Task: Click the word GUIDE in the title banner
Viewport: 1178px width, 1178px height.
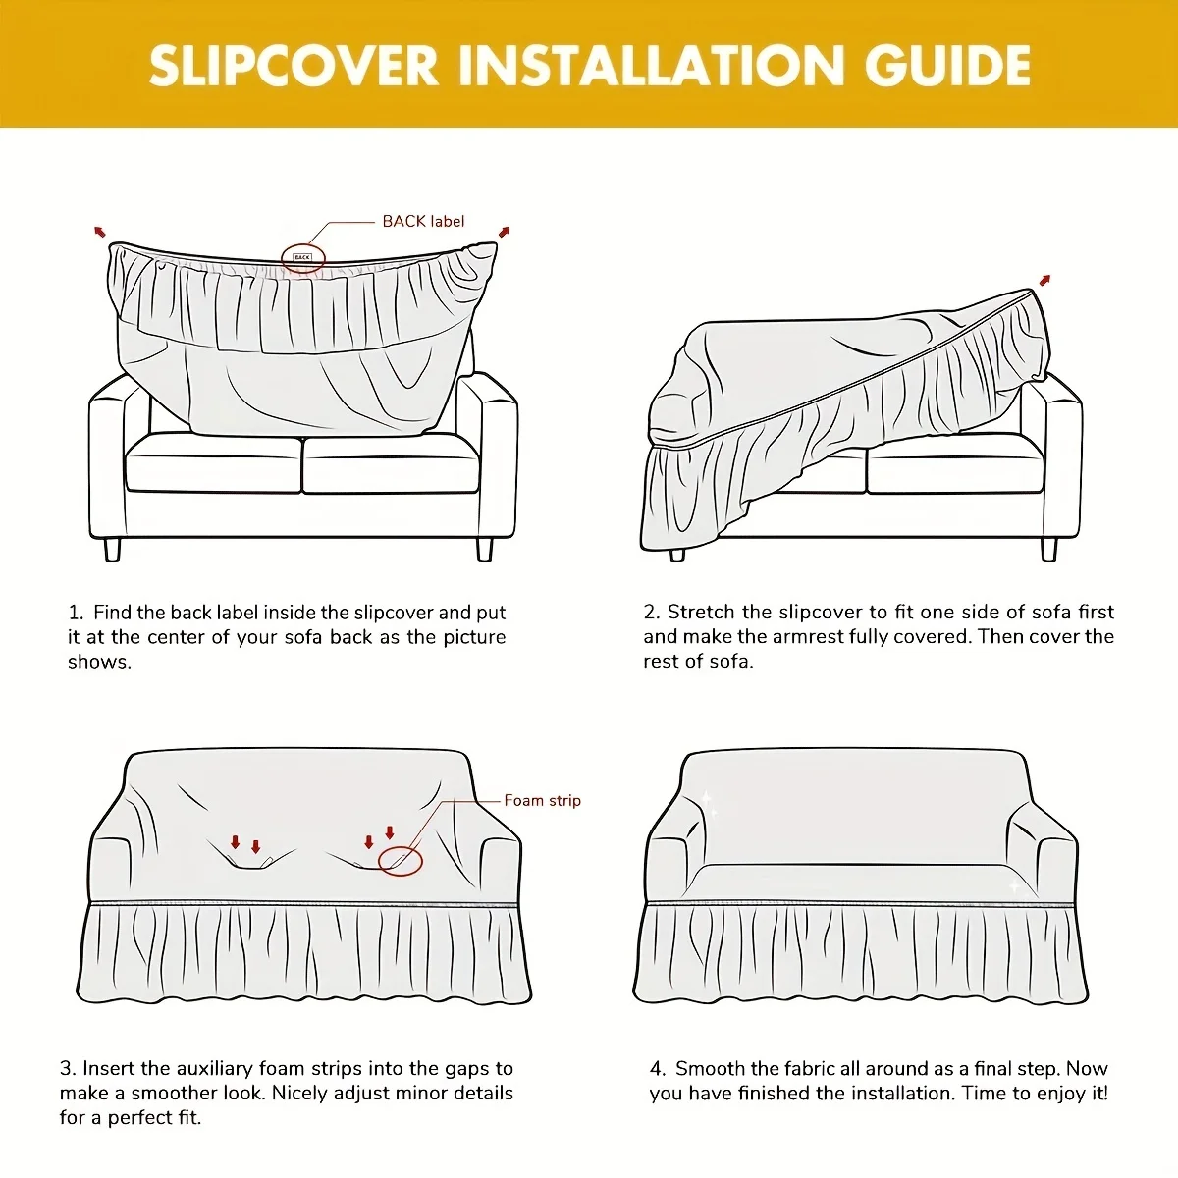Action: pos(947,66)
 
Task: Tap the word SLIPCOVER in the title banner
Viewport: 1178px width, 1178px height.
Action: pos(293,66)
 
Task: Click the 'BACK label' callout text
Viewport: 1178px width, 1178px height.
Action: pos(423,221)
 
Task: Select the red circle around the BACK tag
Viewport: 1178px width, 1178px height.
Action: pos(302,258)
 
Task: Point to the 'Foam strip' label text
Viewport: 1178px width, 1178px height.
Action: pos(542,800)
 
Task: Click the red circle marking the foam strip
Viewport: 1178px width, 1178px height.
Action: pos(401,861)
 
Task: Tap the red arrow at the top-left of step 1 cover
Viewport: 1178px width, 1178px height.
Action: pos(99,232)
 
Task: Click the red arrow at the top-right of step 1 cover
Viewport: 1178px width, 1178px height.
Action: pos(505,232)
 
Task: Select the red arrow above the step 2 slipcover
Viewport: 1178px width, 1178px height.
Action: pos(1044,281)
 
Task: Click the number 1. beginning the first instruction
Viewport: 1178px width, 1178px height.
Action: pos(76,613)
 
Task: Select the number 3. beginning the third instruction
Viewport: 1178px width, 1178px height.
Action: pos(67,1068)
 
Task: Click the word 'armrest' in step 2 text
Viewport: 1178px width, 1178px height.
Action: pos(808,636)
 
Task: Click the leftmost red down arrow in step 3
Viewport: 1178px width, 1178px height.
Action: pos(235,842)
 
